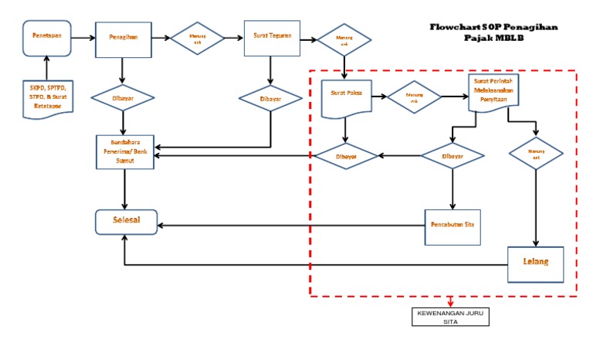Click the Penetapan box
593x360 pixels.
point(46,37)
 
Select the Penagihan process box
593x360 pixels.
point(123,37)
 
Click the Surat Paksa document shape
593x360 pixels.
point(347,96)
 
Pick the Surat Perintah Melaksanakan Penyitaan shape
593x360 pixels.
point(494,92)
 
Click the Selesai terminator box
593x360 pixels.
point(126,222)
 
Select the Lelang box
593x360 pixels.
point(535,263)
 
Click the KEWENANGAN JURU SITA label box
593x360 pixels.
point(450,317)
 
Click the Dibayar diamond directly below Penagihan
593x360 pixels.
point(123,98)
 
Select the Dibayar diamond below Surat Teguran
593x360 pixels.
point(270,98)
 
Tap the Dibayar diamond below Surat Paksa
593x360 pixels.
point(345,156)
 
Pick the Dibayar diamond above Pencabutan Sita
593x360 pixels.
point(452,156)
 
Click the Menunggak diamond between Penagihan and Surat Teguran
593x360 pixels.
point(197,37)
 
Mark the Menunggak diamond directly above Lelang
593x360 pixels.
point(537,152)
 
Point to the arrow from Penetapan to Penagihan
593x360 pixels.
point(83,37)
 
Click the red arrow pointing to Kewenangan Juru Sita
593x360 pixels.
point(450,302)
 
